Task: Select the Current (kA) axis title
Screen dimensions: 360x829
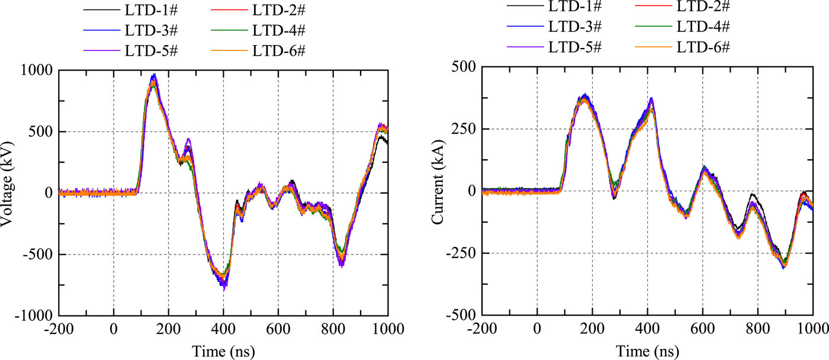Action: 439,190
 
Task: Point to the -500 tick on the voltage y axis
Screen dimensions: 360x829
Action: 38,255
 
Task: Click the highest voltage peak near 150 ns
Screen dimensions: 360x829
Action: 154,75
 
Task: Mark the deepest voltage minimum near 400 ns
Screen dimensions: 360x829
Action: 224,286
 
